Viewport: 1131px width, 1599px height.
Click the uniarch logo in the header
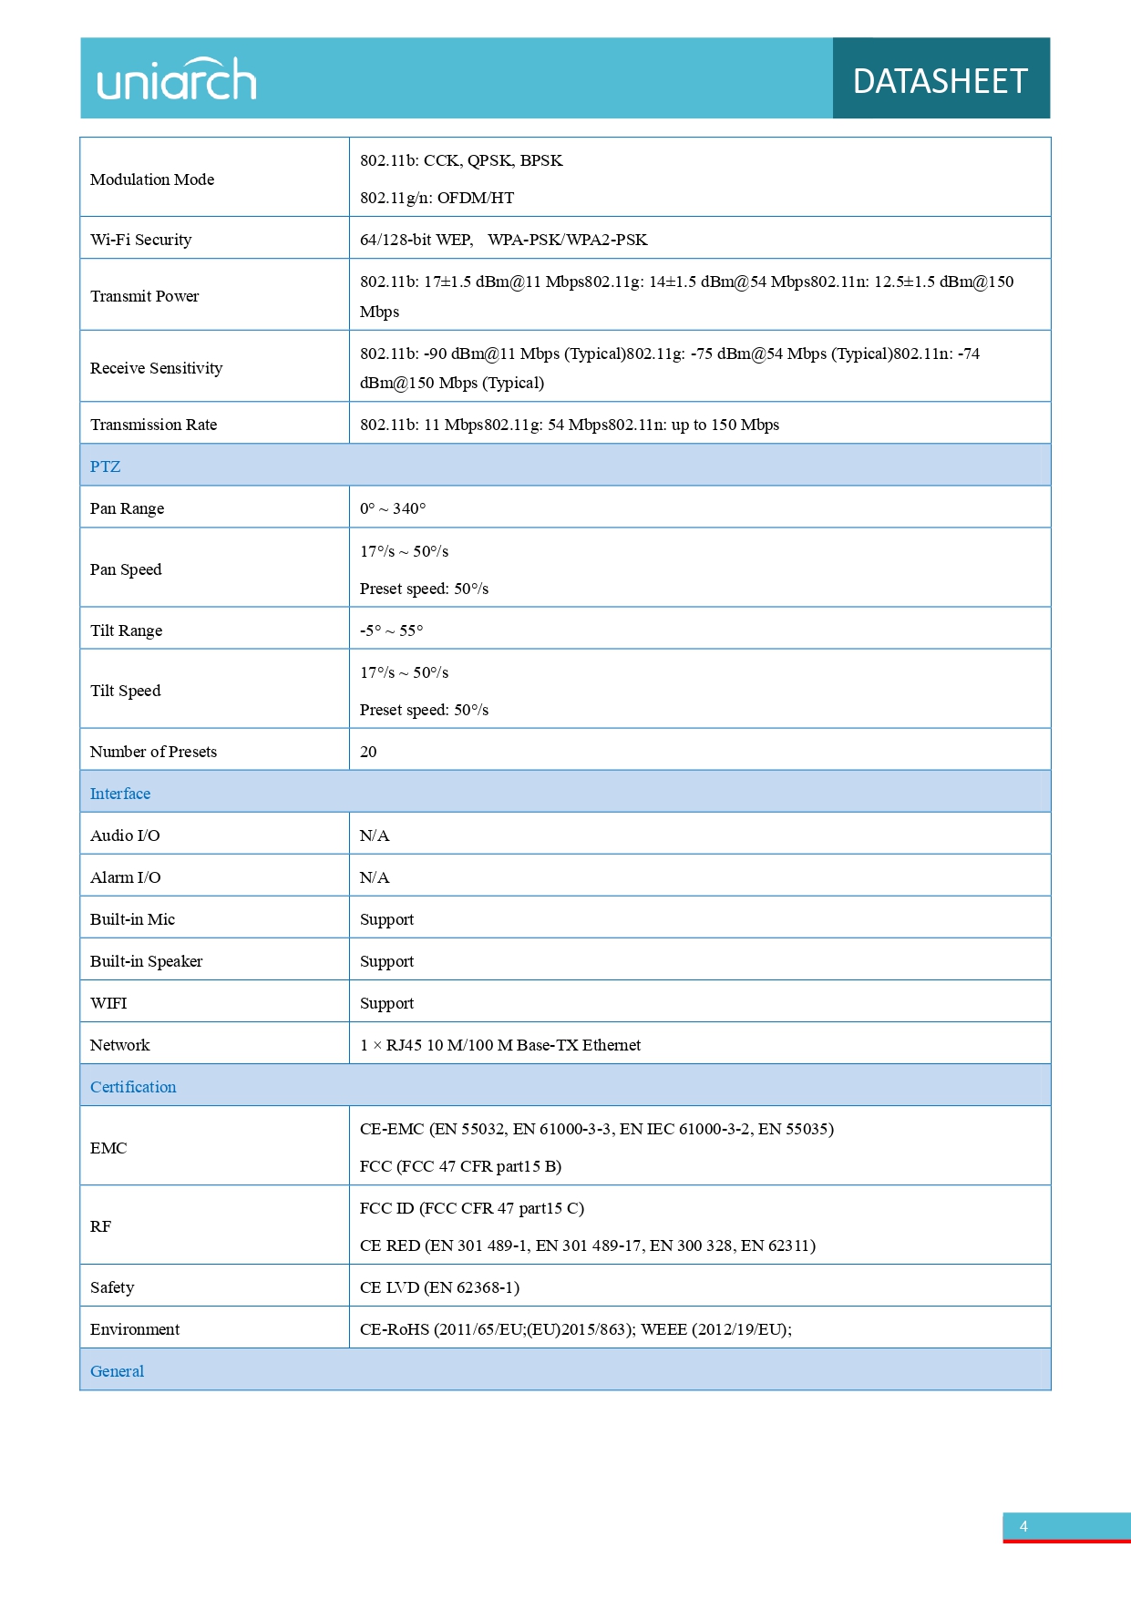pyautogui.click(x=177, y=80)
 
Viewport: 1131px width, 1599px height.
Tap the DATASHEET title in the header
pyautogui.click(x=940, y=81)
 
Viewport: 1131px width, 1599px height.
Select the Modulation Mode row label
pyautogui.click(x=152, y=179)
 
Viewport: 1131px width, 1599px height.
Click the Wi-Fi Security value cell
pyautogui.click(x=503, y=240)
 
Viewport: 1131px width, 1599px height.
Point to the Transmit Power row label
pyautogui.click(x=144, y=296)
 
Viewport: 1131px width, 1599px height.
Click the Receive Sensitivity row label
pyautogui.click(x=156, y=368)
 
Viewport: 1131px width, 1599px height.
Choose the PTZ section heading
pyautogui.click(x=105, y=466)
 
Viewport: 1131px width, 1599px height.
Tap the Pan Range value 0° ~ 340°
pyautogui.click(x=392, y=508)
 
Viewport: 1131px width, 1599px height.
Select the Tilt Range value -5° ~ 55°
pyautogui.click(x=391, y=630)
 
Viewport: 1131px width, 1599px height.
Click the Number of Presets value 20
pyautogui.click(x=368, y=752)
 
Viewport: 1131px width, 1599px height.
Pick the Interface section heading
pyautogui.click(x=120, y=794)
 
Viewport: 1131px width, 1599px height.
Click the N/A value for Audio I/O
pyautogui.click(x=374, y=835)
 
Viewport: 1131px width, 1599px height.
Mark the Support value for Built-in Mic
pyautogui.click(x=386, y=919)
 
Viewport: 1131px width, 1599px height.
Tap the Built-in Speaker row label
pyautogui.click(x=146, y=961)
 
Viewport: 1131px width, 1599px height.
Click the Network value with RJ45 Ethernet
pyautogui.click(x=499, y=1045)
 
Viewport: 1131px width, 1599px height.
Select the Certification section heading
pyautogui.click(x=133, y=1087)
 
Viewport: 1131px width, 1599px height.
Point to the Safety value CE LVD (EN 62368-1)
pyautogui.click(x=439, y=1287)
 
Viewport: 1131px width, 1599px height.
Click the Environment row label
pyautogui.click(x=135, y=1329)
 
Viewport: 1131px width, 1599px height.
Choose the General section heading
pyautogui.click(x=117, y=1371)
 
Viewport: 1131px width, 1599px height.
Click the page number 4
pyautogui.click(x=1023, y=1526)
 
